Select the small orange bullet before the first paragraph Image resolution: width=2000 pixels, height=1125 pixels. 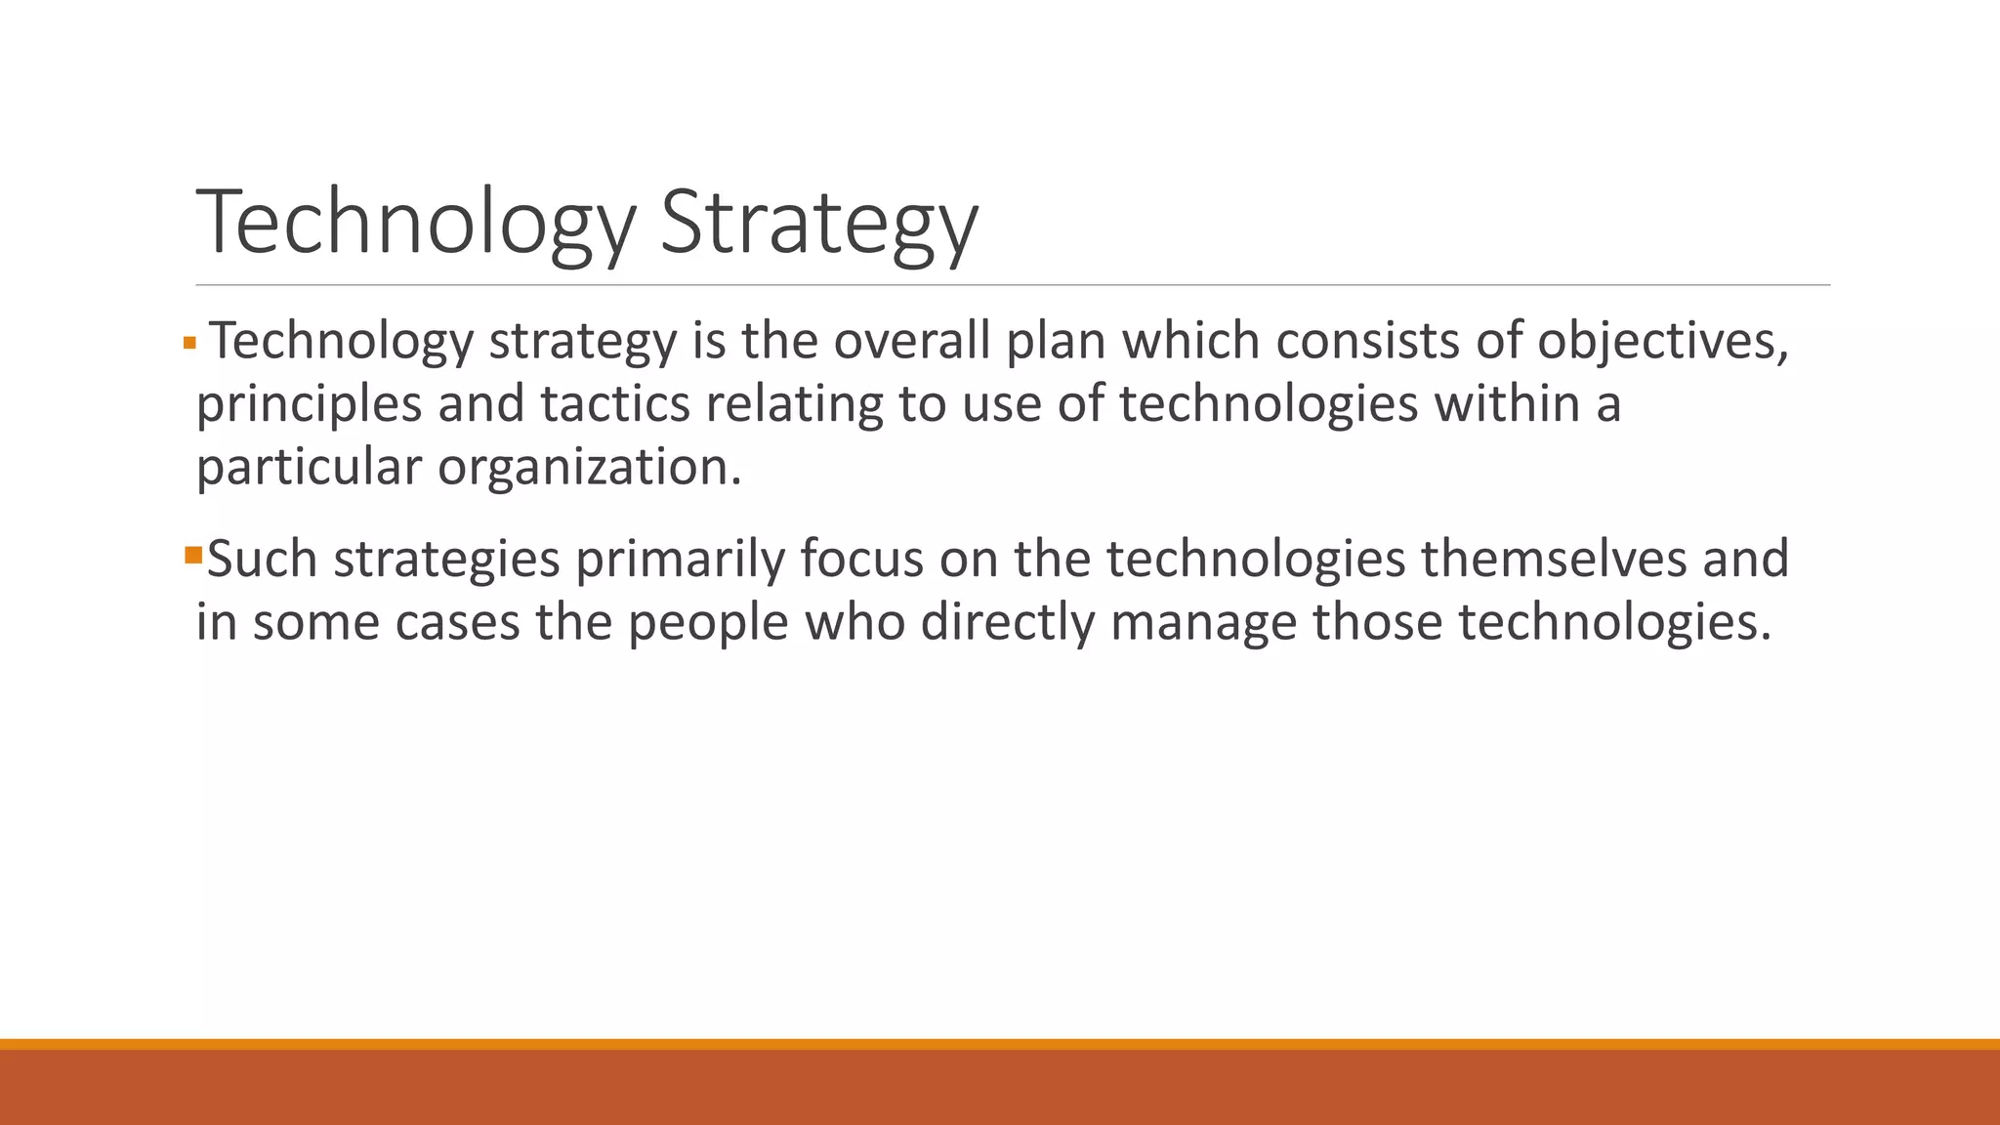pos(189,344)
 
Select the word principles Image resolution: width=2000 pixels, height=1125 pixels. pos(309,404)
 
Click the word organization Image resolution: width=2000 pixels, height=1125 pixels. pos(589,467)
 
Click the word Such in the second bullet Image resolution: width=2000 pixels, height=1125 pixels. pos(263,559)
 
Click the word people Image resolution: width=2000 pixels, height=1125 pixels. pos(707,622)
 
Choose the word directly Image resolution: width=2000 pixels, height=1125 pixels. pos(1007,622)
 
